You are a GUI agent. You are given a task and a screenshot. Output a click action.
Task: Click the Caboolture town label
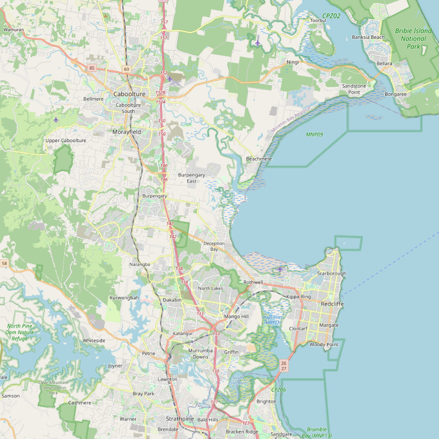[130, 94]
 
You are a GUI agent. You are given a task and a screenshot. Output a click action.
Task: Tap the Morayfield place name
[127, 132]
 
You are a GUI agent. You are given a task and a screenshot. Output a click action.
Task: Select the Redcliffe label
[332, 303]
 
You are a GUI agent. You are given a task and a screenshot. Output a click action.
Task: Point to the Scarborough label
[331, 273]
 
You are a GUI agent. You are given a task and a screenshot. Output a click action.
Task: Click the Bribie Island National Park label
[413, 38]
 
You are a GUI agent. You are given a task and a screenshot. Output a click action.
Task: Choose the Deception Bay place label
[214, 246]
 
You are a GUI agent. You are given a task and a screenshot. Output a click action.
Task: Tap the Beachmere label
[259, 159]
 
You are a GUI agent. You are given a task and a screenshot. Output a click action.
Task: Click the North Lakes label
[211, 288]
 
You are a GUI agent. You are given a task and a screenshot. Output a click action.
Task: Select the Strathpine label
[179, 419]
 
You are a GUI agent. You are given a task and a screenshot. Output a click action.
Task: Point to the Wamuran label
[13, 29]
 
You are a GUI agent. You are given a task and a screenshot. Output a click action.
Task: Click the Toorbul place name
[318, 20]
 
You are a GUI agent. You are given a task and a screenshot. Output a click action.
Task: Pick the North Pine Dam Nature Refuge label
[20, 332]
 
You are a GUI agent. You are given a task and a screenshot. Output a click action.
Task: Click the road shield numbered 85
[92, 68]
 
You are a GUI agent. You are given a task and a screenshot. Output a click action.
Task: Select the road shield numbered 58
[4, 264]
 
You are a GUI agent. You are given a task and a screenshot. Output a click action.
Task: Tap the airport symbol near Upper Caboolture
[56, 119]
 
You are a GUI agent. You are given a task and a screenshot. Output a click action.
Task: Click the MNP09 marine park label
[314, 134]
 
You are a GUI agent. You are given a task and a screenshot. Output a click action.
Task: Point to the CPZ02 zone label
[331, 16]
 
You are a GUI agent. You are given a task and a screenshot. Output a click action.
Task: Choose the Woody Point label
[324, 345]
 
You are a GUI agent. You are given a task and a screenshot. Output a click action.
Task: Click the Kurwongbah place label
[125, 297]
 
